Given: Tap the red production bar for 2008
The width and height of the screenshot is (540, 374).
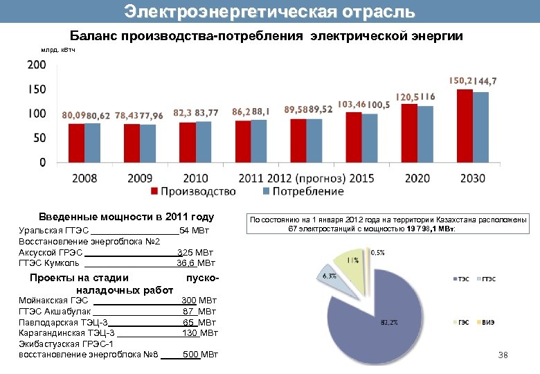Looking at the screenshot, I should pos(76,143).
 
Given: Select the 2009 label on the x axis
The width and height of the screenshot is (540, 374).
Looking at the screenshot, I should pos(140,178).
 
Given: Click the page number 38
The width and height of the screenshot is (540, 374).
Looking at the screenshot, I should pos(503,355).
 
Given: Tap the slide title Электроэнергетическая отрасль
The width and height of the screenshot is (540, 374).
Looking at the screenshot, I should pos(270,12).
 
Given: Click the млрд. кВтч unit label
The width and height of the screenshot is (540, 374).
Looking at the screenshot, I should pos(58,49).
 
